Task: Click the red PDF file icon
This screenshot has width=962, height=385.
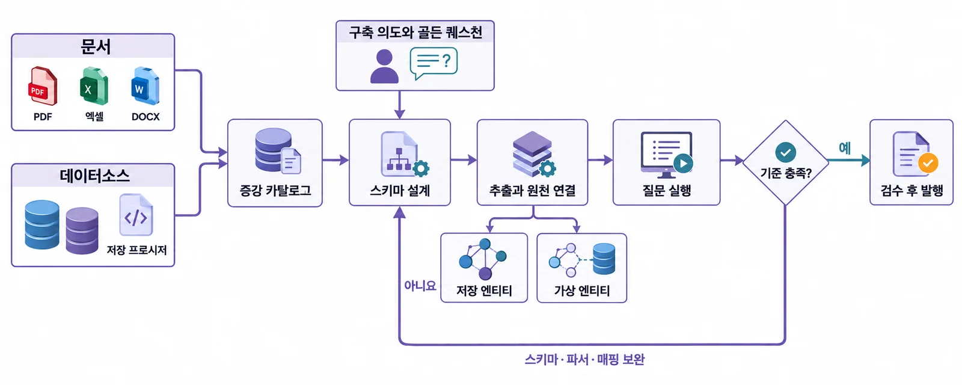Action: click(43, 86)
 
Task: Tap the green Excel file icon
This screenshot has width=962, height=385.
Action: click(94, 86)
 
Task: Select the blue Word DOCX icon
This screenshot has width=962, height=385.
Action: click(145, 86)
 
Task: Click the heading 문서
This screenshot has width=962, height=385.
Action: click(96, 46)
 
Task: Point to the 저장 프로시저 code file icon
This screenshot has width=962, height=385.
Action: click(136, 214)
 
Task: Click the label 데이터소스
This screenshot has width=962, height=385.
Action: click(94, 176)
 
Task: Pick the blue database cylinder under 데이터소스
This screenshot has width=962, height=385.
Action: click(41, 225)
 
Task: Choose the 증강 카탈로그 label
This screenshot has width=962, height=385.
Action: click(275, 190)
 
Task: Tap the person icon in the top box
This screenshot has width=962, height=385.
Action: click(384, 66)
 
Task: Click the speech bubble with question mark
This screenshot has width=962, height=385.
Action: click(434, 63)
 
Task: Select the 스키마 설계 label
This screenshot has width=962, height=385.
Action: click(400, 190)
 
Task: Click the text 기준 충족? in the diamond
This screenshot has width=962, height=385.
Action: click(786, 173)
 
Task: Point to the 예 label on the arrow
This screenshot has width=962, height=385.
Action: click(845, 148)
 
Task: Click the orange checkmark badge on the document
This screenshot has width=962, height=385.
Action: click(928, 163)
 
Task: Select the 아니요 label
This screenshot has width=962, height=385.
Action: click(420, 286)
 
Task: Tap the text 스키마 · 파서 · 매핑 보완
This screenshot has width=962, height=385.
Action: click(584, 359)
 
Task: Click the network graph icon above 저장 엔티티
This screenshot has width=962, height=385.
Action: click(483, 259)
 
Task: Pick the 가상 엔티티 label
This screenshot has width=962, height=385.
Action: click(582, 291)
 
